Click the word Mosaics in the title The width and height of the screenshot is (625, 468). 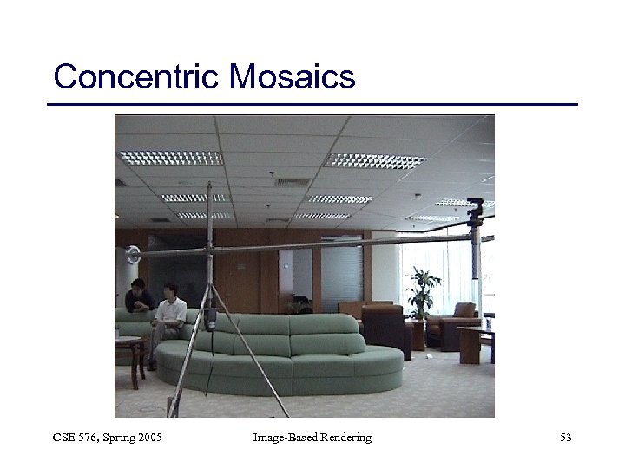pos(293,77)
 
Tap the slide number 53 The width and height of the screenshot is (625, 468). pos(565,438)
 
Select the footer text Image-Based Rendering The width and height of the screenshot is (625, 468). pos(312,438)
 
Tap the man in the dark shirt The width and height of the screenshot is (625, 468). pos(138,297)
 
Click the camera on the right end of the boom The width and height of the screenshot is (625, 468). pos(475,210)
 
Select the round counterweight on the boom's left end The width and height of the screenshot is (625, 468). pos(132,255)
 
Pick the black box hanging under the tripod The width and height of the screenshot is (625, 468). pos(211,320)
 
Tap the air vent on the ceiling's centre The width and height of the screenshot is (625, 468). pos(293,183)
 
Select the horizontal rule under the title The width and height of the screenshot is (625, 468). pos(312,105)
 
